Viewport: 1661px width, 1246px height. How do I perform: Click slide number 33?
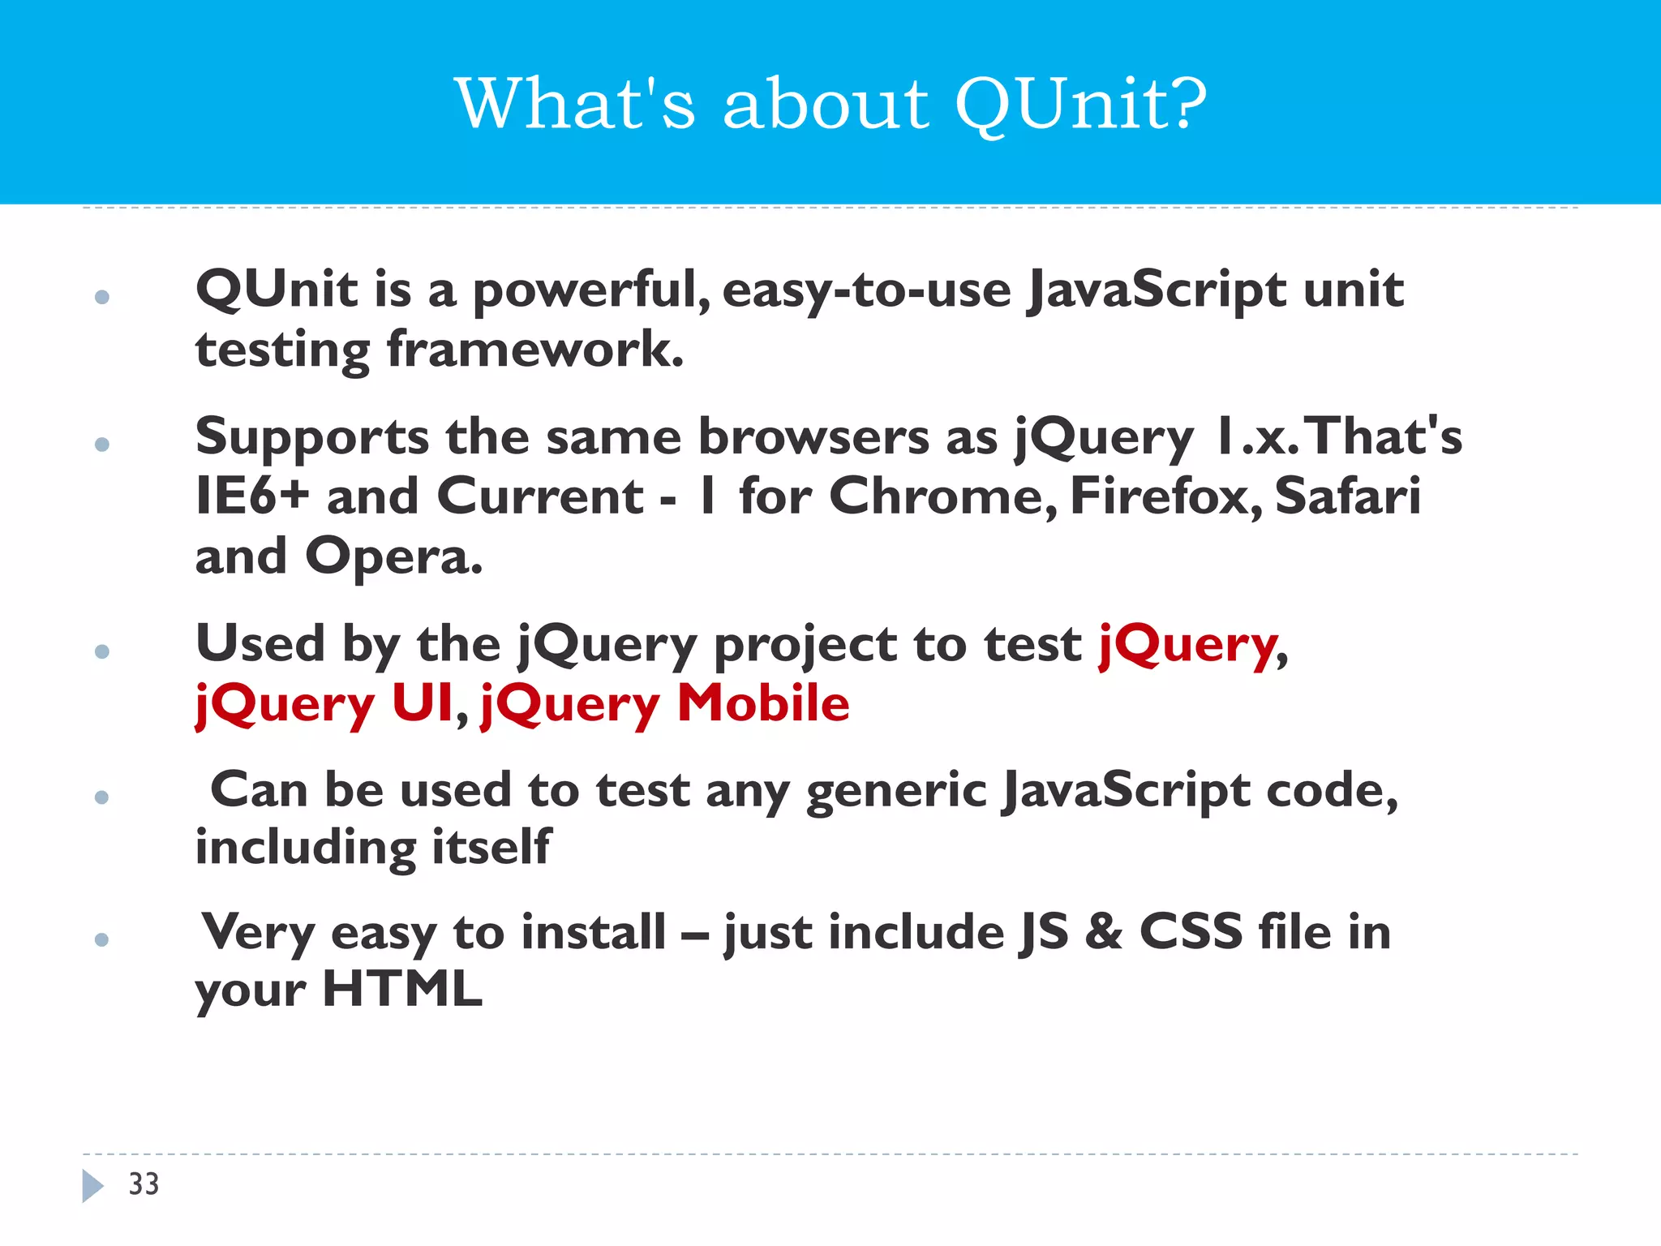144,1184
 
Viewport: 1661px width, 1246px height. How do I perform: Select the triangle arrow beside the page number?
92,1185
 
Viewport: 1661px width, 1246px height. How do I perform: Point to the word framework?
535,350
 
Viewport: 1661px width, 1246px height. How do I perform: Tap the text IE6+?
252,496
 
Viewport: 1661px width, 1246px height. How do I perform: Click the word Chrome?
941,496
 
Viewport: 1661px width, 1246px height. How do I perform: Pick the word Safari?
1347,496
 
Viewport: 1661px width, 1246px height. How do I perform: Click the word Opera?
393,556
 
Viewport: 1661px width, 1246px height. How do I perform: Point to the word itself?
491,848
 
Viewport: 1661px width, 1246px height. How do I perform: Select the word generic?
895,791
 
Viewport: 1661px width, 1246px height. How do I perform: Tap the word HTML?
402,990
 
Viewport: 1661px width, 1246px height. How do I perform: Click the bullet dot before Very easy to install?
101,939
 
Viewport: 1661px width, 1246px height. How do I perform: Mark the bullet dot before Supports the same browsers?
101,444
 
